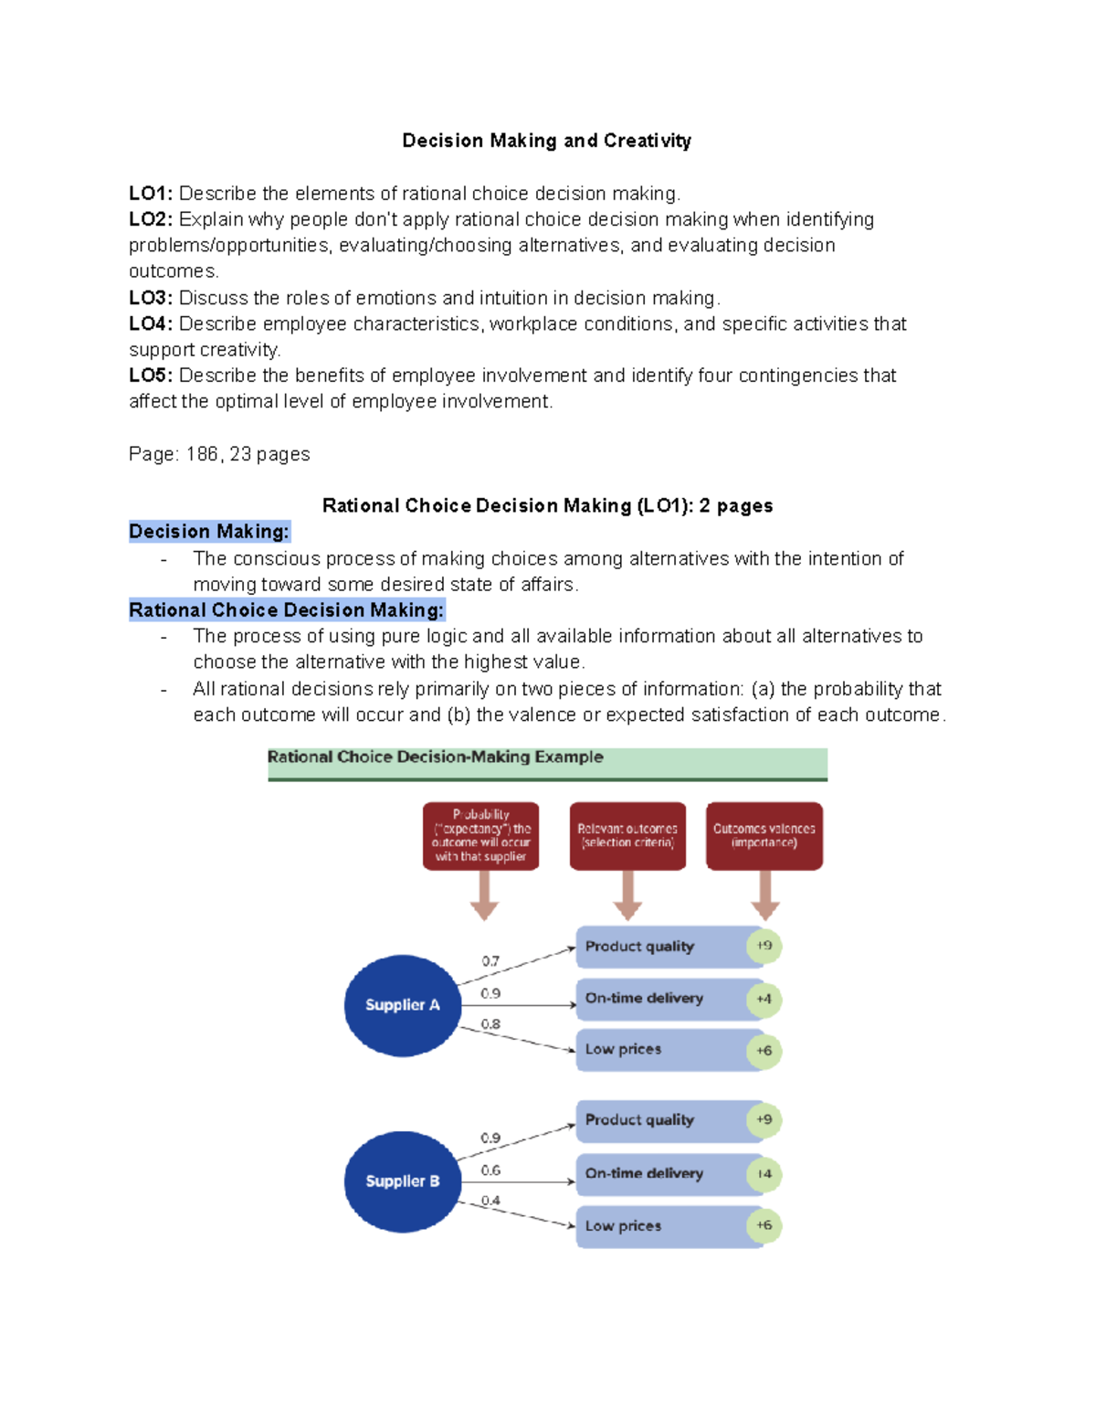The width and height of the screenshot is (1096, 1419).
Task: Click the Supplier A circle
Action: [x=402, y=1005]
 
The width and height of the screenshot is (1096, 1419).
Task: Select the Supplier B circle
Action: [x=402, y=1181]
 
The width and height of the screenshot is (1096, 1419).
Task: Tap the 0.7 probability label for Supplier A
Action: [x=490, y=961]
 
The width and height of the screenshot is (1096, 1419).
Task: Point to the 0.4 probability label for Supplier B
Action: [x=490, y=1201]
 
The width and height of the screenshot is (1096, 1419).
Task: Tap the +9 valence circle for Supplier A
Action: [x=764, y=946]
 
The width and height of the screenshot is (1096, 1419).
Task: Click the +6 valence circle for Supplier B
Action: [x=764, y=1225]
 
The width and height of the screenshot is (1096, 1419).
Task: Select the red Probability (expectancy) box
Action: [x=480, y=836]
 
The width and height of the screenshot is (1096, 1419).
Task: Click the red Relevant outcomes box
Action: [x=627, y=836]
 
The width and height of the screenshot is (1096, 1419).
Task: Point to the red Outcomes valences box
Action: [x=764, y=836]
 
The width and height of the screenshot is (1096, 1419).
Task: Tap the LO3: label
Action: [x=151, y=298]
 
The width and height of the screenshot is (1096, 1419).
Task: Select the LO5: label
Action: [x=151, y=376]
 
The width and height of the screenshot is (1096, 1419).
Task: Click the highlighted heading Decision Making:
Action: [x=209, y=532]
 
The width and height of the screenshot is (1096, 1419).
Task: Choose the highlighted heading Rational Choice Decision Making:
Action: [x=287, y=610]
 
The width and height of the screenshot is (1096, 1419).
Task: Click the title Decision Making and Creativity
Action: [x=546, y=141]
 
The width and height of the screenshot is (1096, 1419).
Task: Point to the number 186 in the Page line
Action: [x=202, y=454]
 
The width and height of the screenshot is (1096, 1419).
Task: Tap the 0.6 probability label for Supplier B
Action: [x=490, y=1170]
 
